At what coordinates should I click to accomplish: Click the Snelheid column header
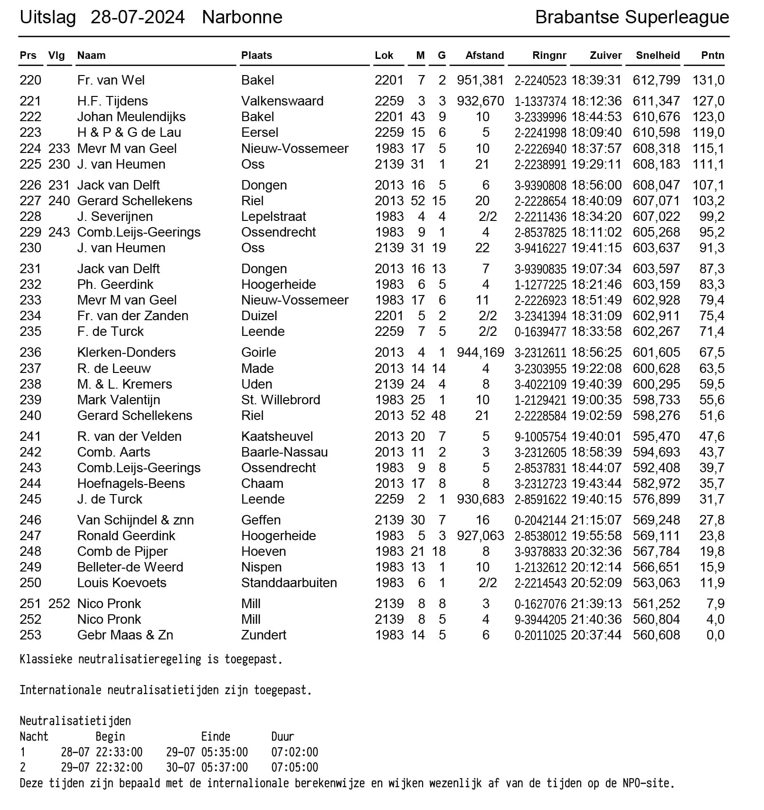tap(658, 56)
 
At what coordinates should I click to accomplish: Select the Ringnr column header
tap(549, 56)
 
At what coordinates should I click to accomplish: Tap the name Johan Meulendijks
tap(131, 117)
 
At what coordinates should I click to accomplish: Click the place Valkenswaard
tap(282, 101)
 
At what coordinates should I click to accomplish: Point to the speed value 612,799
tap(656, 80)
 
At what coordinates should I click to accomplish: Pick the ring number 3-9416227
tap(540, 248)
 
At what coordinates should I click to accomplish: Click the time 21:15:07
tap(596, 520)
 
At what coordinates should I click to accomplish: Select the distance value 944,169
tap(480, 353)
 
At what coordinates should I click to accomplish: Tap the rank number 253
tap(30, 635)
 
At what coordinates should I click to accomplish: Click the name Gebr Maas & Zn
tap(125, 635)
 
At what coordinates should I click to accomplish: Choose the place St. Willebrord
tap(281, 400)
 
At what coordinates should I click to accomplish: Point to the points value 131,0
tap(708, 80)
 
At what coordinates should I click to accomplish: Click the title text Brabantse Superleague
tap(632, 18)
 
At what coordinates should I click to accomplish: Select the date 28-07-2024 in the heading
tap(137, 18)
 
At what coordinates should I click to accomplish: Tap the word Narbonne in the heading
tap(242, 18)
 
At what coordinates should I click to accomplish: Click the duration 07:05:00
tap(294, 767)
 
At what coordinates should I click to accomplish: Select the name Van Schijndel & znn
tap(135, 520)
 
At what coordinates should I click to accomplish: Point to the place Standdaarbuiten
tap(289, 583)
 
